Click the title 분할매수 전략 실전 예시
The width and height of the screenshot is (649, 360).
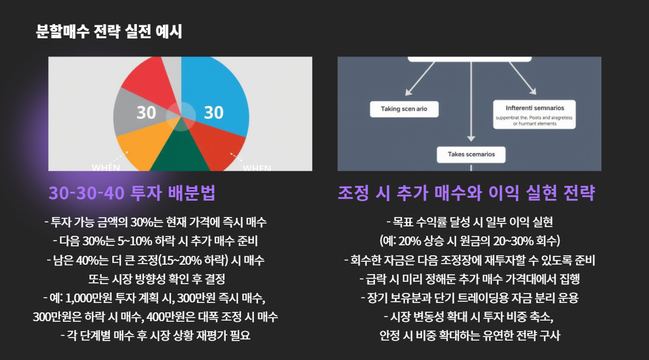(x=109, y=31)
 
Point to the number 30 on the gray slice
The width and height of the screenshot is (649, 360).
(x=146, y=112)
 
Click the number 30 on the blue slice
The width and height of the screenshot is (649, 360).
(x=213, y=112)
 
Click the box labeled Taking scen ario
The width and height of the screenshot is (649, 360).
(x=404, y=109)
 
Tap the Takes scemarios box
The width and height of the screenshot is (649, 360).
(x=471, y=155)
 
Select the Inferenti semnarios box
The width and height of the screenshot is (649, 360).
(x=534, y=115)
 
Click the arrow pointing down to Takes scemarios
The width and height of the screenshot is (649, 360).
(x=471, y=106)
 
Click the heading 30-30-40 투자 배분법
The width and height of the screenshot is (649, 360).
(x=132, y=193)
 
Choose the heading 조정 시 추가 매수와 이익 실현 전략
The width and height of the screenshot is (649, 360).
(x=466, y=193)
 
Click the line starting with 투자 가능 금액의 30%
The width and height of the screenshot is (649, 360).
(x=155, y=222)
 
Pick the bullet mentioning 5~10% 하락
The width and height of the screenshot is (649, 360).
(x=155, y=241)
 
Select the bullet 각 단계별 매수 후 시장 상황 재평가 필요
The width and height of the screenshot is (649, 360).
(x=155, y=336)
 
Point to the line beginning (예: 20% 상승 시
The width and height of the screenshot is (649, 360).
(x=470, y=241)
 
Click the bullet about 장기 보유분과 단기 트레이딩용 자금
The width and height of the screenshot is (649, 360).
(x=470, y=298)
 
